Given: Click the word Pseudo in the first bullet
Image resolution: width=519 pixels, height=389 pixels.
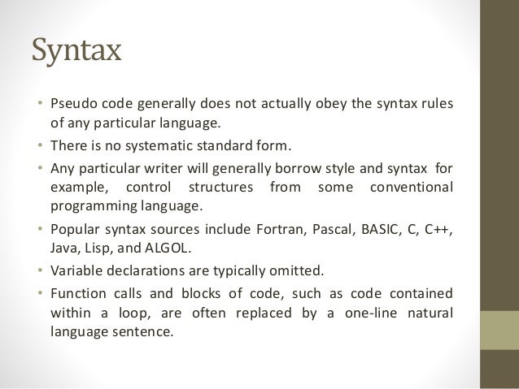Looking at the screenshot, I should click(x=71, y=106).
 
